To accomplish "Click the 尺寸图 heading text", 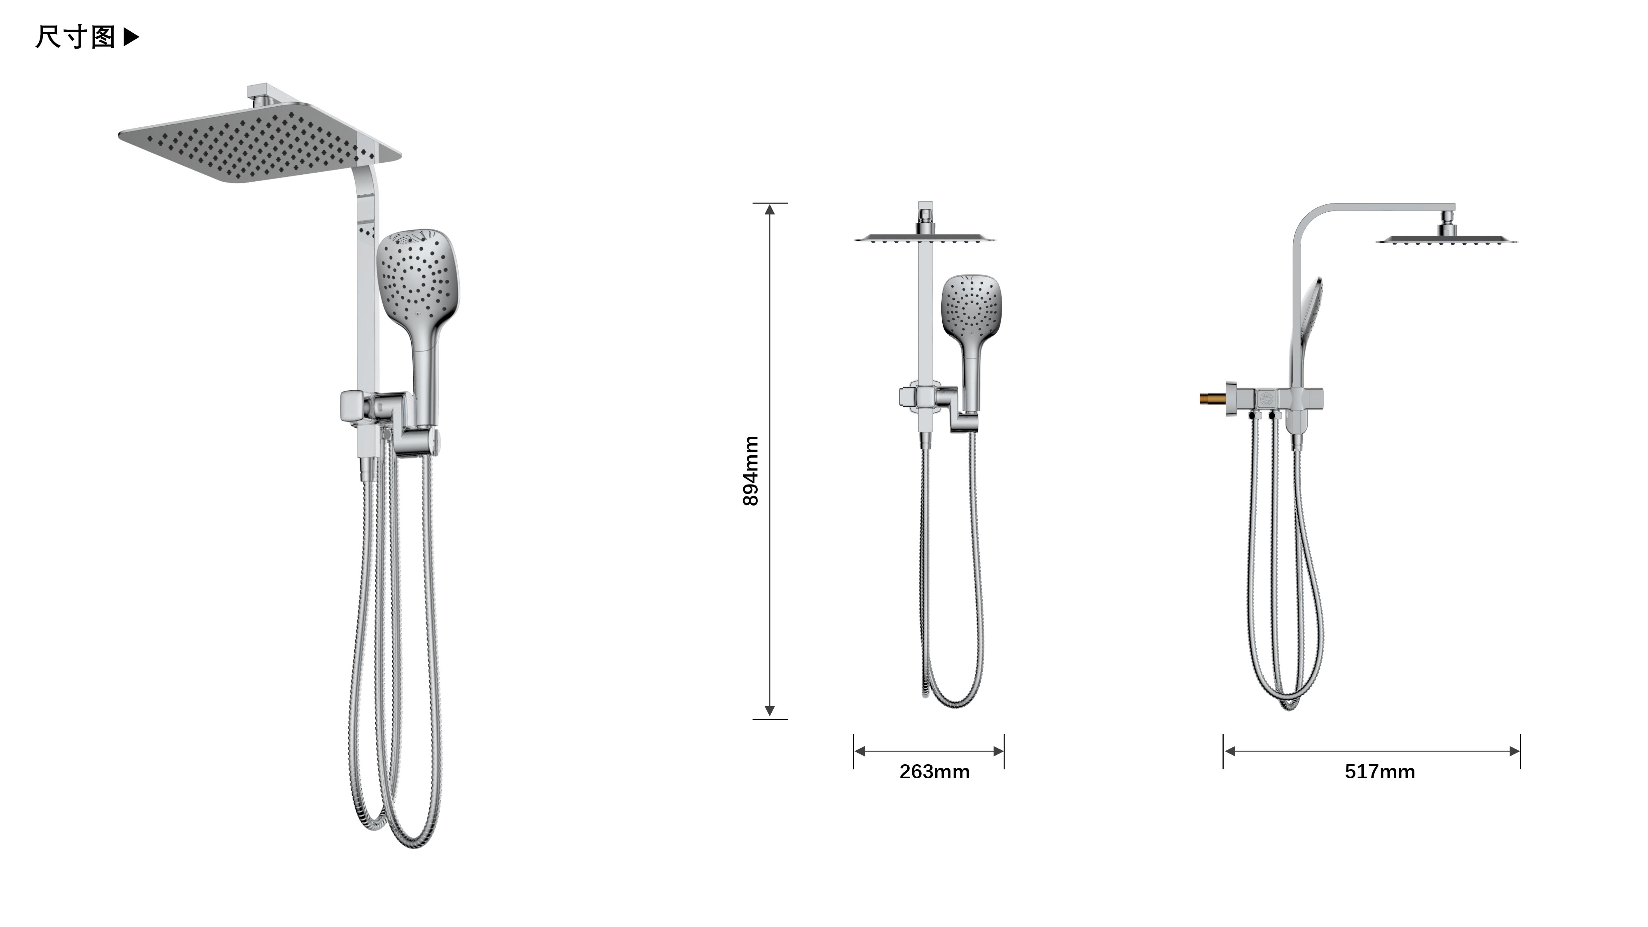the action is tap(75, 37).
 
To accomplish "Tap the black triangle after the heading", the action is tap(131, 37).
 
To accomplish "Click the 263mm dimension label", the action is tap(934, 772).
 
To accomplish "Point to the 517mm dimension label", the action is tap(1379, 772).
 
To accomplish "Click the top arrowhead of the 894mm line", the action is tap(770, 209).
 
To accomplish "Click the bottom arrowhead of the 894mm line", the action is tap(770, 711).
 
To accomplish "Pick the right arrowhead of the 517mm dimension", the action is tap(1514, 751).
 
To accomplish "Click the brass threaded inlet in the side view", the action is tap(1213, 398).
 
